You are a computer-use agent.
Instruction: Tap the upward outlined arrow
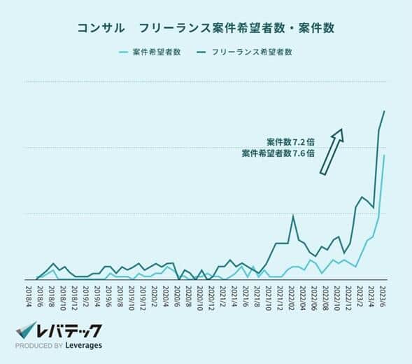point(331,150)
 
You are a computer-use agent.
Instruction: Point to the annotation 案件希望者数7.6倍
point(278,153)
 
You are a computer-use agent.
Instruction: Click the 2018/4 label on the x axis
point(29,295)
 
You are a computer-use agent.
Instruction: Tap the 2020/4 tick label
point(166,295)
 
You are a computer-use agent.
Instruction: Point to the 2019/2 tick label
point(85,295)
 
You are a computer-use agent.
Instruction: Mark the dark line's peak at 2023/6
point(384,111)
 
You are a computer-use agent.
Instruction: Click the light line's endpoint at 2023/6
point(384,155)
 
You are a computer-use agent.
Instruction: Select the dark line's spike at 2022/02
point(292,216)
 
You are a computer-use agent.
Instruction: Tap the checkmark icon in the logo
point(26,330)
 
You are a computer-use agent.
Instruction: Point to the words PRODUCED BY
point(39,346)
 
